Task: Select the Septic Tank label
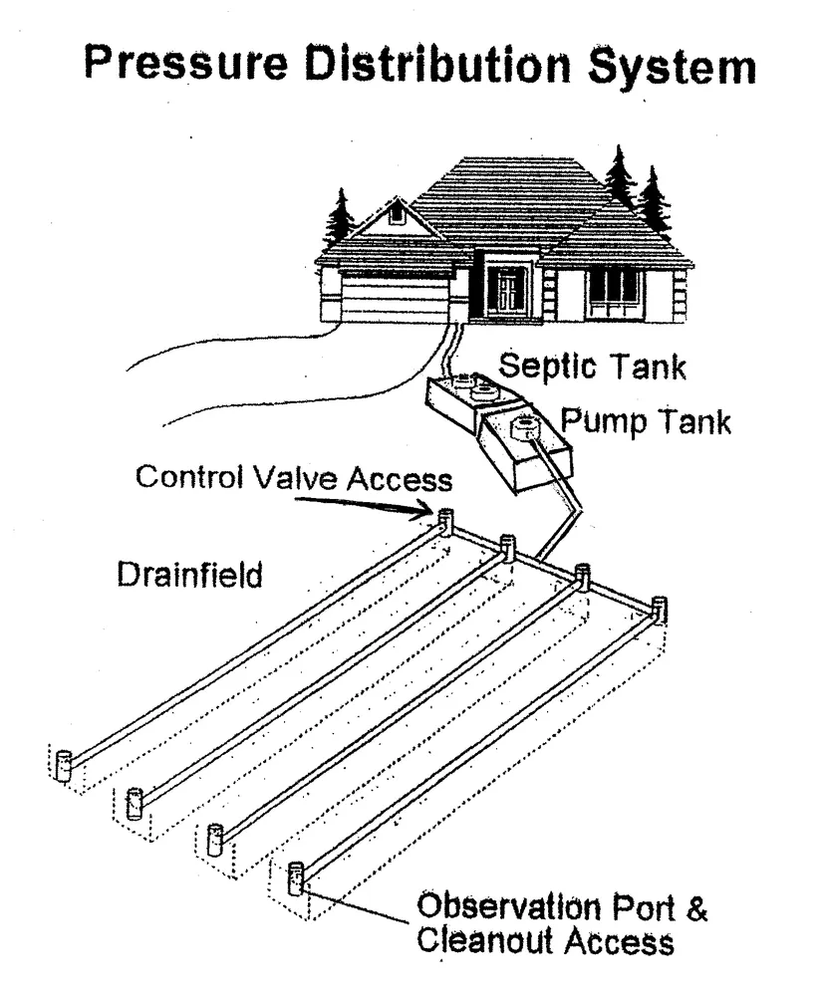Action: [x=592, y=366]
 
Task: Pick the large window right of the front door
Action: [x=614, y=287]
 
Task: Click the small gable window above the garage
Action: [x=396, y=211]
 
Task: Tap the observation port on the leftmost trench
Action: [x=64, y=765]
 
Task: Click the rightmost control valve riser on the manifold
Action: [x=659, y=608]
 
